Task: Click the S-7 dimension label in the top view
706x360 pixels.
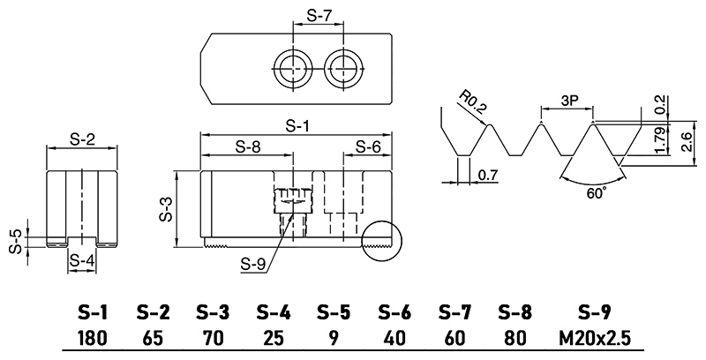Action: coord(318,16)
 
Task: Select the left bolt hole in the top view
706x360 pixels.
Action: coord(289,65)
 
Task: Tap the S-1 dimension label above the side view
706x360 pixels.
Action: coord(297,125)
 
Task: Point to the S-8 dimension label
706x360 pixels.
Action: coord(249,147)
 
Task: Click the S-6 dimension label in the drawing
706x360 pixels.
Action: coord(368,147)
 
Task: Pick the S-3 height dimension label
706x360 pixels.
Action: coord(166,210)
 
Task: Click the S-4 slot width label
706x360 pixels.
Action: coord(81,260)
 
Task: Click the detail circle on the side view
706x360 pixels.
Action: coord(380,238)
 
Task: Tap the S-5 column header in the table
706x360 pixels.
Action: coord(333,312)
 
